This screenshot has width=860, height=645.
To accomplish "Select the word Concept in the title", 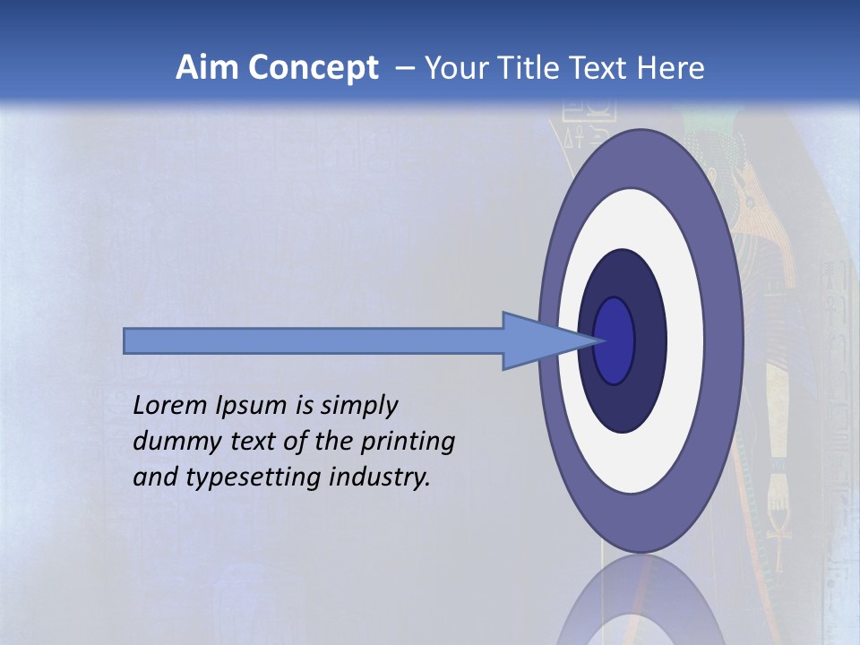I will [x=311, y=68].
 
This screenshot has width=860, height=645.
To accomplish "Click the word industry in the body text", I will [x=380, y=477].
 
